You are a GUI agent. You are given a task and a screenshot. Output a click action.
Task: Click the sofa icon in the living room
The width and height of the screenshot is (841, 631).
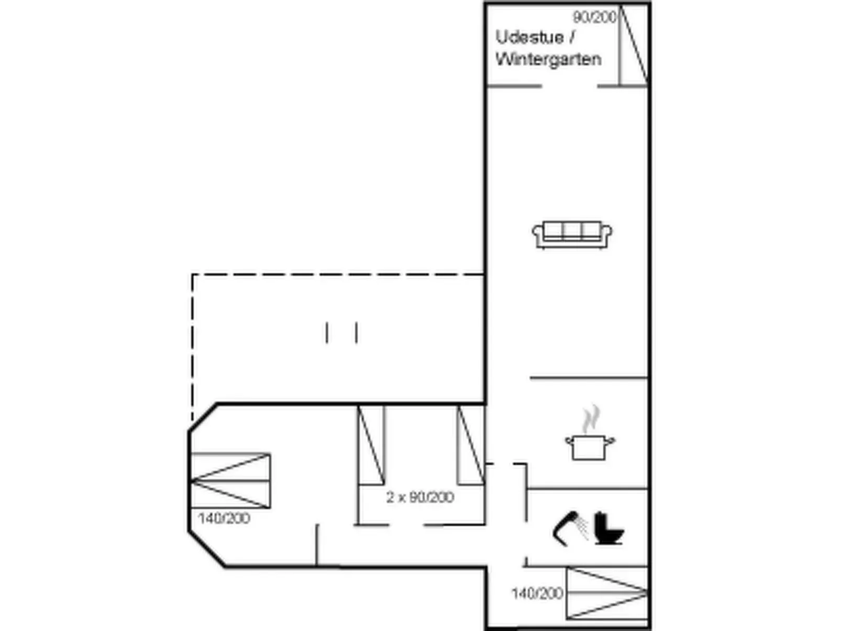[x=572, y=235]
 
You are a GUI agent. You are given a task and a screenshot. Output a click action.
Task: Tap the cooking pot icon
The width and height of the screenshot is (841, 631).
[x=590, y=447]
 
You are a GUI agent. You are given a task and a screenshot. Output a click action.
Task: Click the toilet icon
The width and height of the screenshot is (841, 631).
[x=608, y=529]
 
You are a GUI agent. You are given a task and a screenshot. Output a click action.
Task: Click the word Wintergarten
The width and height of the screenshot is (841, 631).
[x=548, y=59]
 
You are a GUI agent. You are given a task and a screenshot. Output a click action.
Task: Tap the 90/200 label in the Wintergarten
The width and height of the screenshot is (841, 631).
[x=594, y=17]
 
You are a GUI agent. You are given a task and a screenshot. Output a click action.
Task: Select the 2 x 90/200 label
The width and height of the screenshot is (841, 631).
[x=420, y=497]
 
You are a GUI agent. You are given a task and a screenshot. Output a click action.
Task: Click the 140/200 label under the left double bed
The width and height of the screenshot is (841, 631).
[x=224, y=518]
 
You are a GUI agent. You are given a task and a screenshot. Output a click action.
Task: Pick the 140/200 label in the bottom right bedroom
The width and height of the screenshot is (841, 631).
[x=538, y=593]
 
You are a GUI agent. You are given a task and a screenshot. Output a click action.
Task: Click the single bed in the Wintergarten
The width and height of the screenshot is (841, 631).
[x=633, y=45]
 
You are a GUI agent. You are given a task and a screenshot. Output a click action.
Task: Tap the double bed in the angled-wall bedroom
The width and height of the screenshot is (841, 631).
[x=230, y=481]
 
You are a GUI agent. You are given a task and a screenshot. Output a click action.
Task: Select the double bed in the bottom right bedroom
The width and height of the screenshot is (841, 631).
[x=607, y=593]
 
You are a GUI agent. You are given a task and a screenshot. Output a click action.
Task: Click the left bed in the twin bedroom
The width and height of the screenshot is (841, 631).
[x=371, y=445]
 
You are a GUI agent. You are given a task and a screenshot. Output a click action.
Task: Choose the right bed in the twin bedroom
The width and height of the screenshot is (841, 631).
[x=471, y=445]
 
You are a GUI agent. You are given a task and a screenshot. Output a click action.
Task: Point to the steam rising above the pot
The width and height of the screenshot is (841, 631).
[x=591, y=419]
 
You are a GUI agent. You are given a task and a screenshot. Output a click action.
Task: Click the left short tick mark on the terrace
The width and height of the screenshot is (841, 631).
[x=327, y=333]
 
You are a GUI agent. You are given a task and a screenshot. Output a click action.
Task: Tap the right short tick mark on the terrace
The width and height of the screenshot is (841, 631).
[x=357, y=333]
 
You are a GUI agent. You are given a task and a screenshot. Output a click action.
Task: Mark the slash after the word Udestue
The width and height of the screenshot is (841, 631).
[x=572, y=38]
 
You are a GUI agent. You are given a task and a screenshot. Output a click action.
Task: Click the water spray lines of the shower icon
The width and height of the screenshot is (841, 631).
[x=583, y=527]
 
